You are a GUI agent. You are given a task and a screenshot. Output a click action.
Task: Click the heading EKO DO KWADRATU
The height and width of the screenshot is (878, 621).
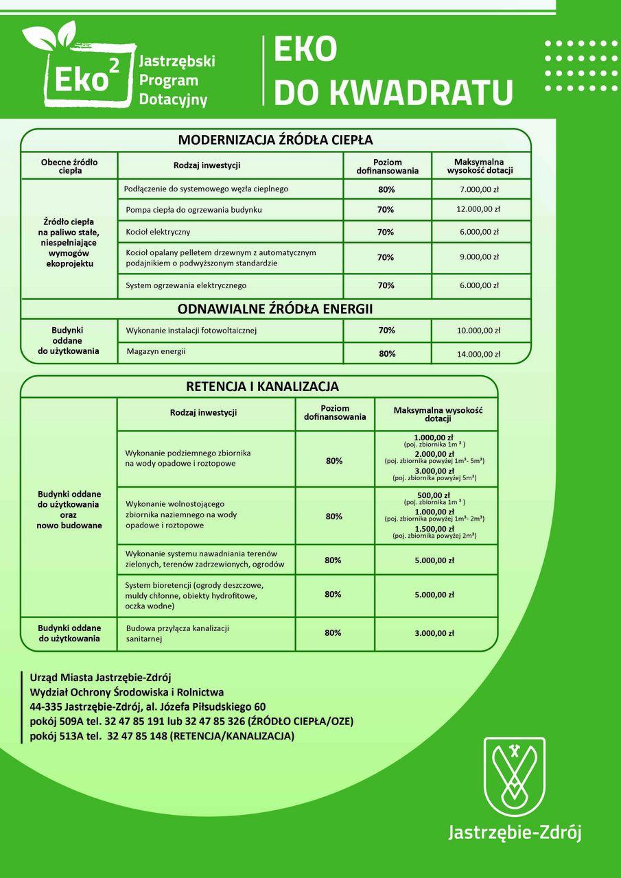click(392, 72)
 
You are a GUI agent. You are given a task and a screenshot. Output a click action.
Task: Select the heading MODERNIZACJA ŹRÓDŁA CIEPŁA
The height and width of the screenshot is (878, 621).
click(275, 140)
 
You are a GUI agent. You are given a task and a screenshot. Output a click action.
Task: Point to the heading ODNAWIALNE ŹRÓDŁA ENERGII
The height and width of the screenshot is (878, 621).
click(275, 309)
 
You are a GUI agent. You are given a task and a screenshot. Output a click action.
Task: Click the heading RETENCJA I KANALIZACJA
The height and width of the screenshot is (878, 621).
click(263, 387)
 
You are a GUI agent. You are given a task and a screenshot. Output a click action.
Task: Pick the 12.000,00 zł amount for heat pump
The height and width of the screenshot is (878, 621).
click(479, 209)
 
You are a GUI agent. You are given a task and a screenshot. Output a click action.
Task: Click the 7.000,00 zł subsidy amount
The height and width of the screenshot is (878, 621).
click(479, 189)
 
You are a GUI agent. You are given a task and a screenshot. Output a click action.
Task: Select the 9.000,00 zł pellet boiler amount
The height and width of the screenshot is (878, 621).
click(479, 257)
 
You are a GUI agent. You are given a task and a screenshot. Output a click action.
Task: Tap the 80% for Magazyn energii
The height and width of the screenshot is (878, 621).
click(387, 354)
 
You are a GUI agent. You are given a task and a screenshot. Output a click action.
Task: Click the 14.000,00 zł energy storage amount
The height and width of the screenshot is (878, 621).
click(479, 354)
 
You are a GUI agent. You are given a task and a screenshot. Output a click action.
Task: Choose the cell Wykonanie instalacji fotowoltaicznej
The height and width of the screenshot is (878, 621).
click(191, 331)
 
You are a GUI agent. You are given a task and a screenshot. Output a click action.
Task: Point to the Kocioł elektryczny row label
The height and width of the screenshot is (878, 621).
click(159, 232)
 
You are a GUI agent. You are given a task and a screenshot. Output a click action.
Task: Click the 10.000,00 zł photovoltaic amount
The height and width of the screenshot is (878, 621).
click(479, 331)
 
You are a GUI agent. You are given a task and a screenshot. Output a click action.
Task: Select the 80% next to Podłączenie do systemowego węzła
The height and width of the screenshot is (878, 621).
click(386, 189)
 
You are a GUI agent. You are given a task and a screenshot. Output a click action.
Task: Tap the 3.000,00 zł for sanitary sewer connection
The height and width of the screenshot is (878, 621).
click(434, 633)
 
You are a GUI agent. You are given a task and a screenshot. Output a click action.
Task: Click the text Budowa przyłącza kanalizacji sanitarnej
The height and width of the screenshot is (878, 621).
click(177, 633)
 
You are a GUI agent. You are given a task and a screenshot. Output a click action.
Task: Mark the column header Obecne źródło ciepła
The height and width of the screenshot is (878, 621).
click(69, 166)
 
